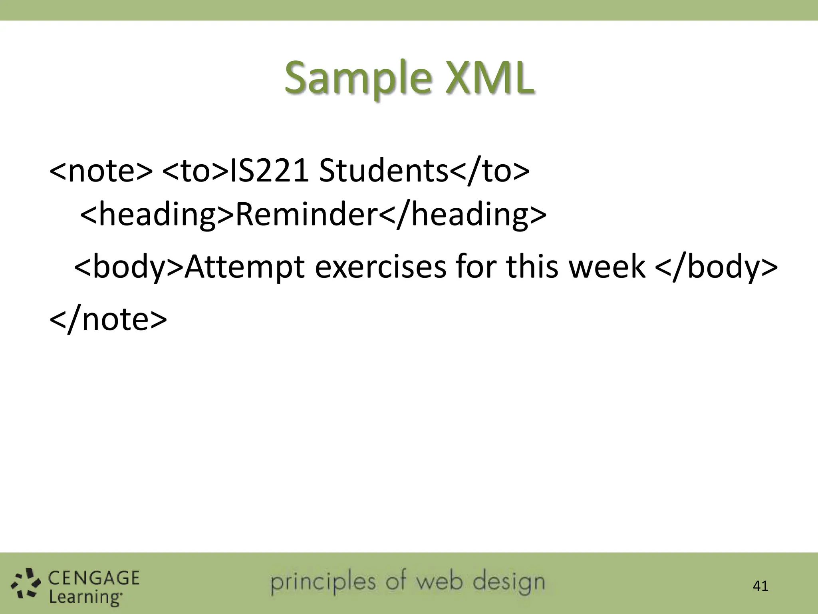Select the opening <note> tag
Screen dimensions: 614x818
[x=101, y=171]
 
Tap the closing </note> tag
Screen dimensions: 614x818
[x=108, y=319]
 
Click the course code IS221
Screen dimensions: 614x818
[x=270, y=171]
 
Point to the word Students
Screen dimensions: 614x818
[x=383, y=171]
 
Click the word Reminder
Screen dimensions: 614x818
[x=306, y=215]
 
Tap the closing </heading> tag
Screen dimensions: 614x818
[x=462, y=215]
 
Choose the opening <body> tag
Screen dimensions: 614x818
[x=129, y=267]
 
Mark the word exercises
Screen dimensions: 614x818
[x=380, y=267]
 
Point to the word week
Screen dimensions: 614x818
[x=607, y=267]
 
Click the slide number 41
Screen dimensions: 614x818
[x=760, y=586]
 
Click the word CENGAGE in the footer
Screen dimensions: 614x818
[x=94, y=578]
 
